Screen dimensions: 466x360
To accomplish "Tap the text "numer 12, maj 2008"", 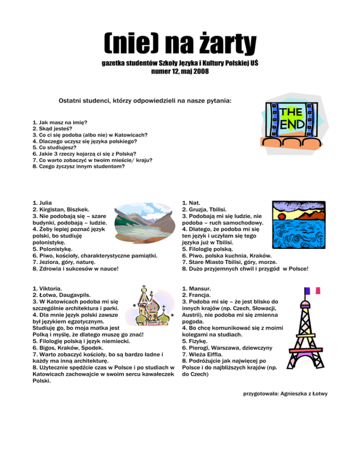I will tap(180, 72).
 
